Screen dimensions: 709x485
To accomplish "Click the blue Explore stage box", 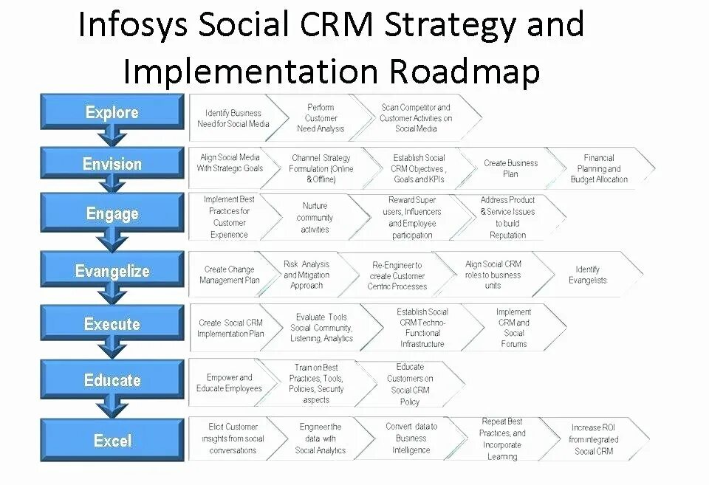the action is coord(112,112).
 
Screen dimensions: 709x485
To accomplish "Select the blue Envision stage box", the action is coord(112,164).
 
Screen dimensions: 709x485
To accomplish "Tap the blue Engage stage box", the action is coord(112,214).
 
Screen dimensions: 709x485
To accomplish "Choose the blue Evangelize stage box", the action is coord(112,271).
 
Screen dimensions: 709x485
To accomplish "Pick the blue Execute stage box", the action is coord(112,324).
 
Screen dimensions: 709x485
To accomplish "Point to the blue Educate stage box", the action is coord(112,380).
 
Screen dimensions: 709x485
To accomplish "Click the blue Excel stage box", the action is coord(112,441).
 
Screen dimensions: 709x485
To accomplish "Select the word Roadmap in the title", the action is coord(465,72).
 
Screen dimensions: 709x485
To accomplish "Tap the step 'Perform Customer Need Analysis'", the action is coord(321,118).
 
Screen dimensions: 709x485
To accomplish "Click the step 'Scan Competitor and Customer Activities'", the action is coord(416,118).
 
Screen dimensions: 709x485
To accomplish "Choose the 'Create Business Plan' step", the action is coord(510,168).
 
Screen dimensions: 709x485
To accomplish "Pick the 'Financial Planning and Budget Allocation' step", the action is coord(599,168).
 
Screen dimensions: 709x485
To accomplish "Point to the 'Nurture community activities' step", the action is coord(315,218).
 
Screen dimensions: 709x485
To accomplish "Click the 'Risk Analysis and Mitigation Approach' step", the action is coord(306,275).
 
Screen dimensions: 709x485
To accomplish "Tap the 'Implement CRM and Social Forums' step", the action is coord(514,328).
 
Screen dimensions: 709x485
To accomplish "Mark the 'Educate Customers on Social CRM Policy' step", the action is coord(410,384).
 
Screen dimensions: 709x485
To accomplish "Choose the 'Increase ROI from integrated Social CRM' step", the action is coord(594,439).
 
